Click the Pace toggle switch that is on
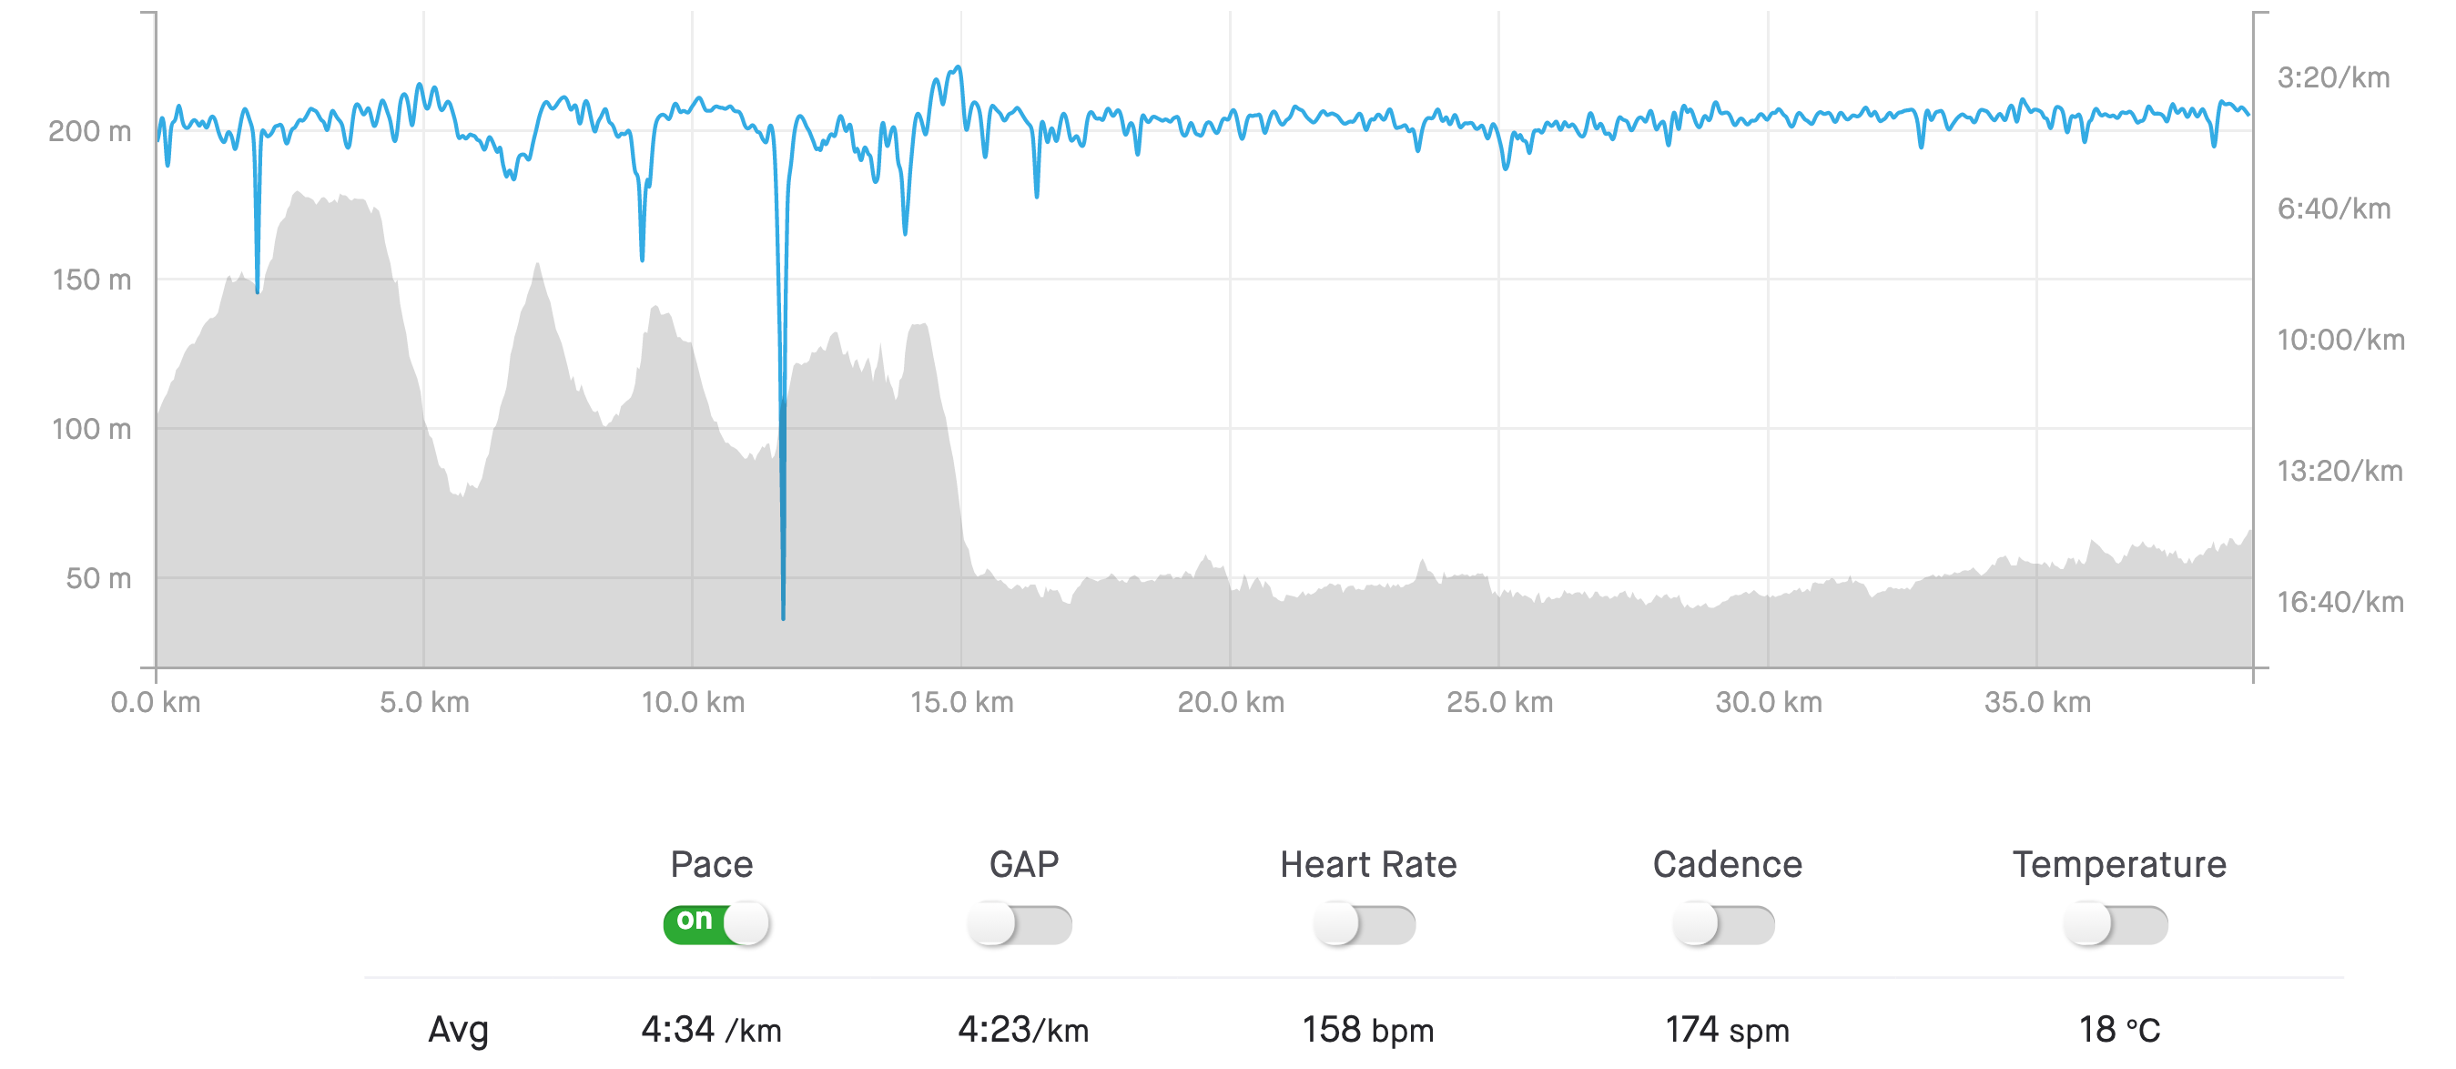(716, 923)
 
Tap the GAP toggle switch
(1020, 924)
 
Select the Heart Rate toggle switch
(1365, 924)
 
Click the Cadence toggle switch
(1724, 924)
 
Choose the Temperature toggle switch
(2116, 924)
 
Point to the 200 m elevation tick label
(89, 132)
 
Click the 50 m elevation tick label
(98, 579)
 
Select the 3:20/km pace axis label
(2333, 78)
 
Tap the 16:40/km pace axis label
(2339, 603)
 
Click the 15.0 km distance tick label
(961, 703)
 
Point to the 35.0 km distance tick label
(2036, 703)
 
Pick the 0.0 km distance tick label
(156, 703)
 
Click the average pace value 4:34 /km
(710, 1030)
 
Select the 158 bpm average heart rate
(1367, 1030)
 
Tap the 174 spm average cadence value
(1727, 1030)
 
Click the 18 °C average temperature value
(2118, 1030)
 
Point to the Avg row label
(458, 1030)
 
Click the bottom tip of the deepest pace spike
(784, 618)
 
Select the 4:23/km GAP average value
(1022, 1030)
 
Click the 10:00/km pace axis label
(2340, 341)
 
